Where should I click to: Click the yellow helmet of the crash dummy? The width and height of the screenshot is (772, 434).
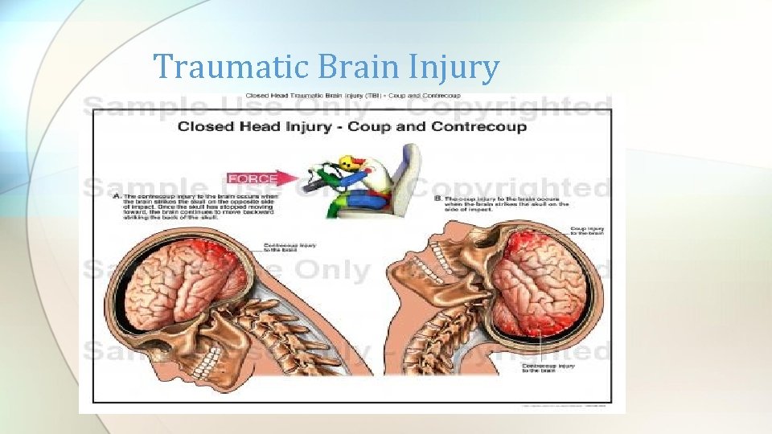(x=347, y=162)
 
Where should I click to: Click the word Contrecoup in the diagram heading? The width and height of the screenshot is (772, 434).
(x=478, y=126)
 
